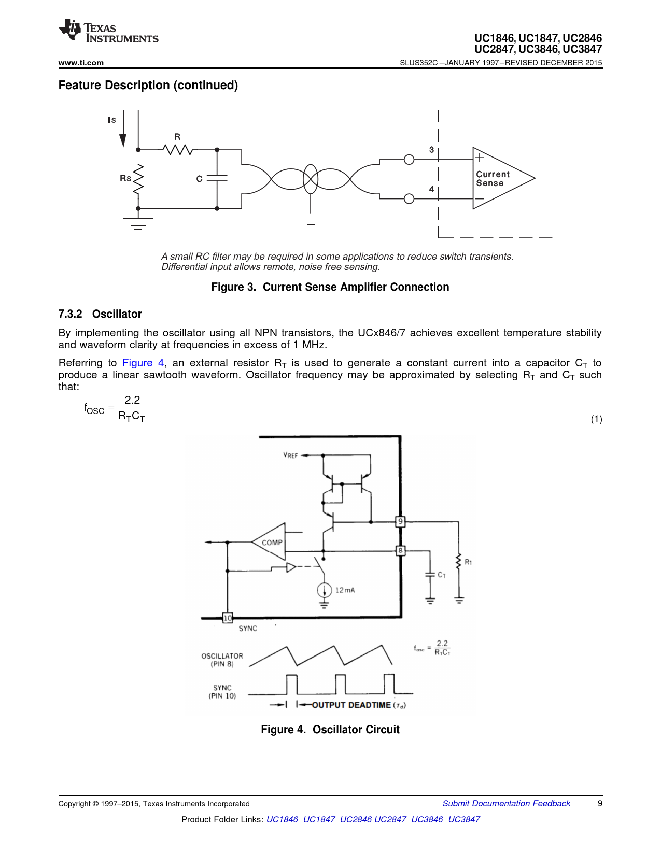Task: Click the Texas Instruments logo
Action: coord(108,31)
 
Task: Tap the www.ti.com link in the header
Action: coord(81,63)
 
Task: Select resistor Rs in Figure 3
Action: coord(138,179)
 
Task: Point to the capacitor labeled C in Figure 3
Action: coord(217,178)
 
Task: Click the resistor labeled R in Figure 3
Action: coord(177,150)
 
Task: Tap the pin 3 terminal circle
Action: coord(409,160)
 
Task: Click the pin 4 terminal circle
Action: coord(409,199)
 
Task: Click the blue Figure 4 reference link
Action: coord(143,363)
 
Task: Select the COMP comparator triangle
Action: coord(269,542)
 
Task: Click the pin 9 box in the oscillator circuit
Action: coord(400,522)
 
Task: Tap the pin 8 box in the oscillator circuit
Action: coord(400,550)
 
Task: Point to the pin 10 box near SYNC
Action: coord(228,618)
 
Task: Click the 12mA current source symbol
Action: coord(324,590)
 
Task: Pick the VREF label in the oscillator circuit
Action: coord(290,455)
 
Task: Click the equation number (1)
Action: coord(596,419)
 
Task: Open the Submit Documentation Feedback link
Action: coord(507,804)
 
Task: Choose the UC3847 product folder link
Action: coord(464,819)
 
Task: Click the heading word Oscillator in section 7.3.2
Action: coord(117,314)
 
